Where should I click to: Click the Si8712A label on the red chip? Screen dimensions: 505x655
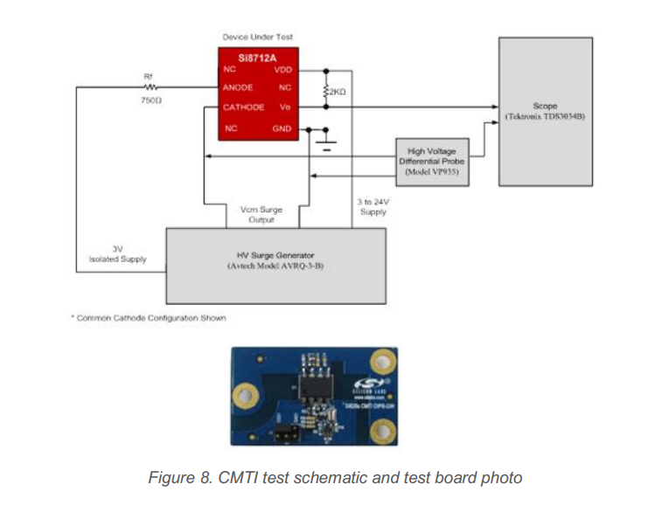click(254, 58)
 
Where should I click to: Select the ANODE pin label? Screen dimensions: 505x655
click(239, 87)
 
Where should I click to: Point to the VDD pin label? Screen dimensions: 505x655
click(282, 69)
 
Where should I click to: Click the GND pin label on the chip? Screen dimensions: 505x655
click(282, 128)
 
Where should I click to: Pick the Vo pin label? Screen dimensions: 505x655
click(285, 107)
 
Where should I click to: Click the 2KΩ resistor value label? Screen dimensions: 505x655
click(337, 91)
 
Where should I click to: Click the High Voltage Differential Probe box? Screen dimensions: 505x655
click(433, 162)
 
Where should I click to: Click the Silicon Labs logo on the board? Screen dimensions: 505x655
click(365, 384)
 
